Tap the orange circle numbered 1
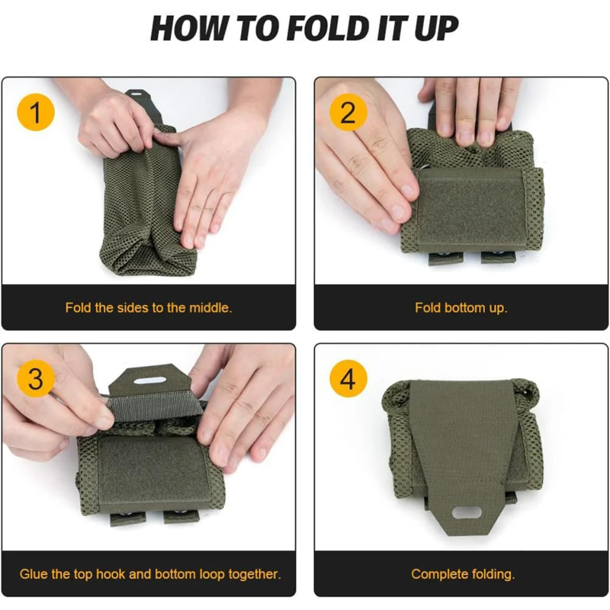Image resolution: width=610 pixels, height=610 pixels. (x=35, y=113)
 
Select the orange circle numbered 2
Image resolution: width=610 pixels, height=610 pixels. (x=348, y=113)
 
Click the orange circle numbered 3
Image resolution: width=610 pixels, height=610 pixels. (x=35, y=379)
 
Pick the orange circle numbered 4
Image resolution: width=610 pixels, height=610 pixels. (x=348, y=379)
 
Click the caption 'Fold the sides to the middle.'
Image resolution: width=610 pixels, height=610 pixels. (x=148, y=308)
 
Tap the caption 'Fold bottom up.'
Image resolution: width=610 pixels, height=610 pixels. (x=461, y=308)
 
